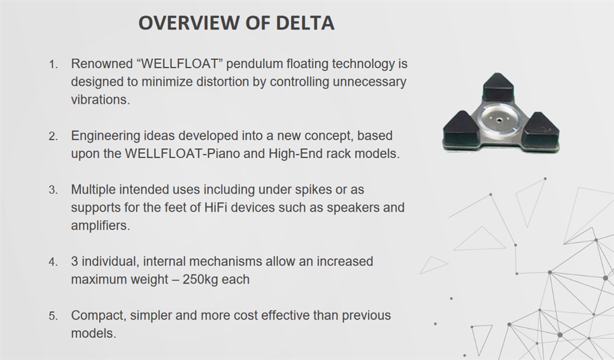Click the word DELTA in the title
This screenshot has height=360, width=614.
click(x=305, y=23)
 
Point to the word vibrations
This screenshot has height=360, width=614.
click(x=100, y=100)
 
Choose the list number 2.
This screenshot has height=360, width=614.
click(x=53, y=136)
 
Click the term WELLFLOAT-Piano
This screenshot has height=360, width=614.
click(x=182, y=154)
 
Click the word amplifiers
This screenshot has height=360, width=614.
click(x=100, y=225)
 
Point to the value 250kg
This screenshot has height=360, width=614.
click(x=200, y=280)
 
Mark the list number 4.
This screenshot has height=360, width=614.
click(x=53, y=262)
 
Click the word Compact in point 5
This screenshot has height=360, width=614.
click(x=98, y=316)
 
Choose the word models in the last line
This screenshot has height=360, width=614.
click(x=94, y=334)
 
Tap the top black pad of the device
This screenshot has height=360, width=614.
click(x=498, y=87)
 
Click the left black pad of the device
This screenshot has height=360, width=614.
click(x=461, y=129)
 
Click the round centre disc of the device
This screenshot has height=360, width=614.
click(x=499, y=119)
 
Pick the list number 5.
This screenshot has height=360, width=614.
click(x=53, y=316)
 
